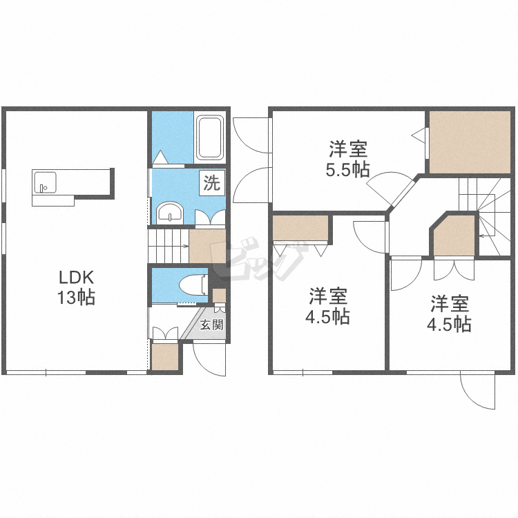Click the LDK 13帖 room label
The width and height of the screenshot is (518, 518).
[x=77, y=287]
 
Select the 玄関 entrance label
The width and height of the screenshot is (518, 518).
[x=211, y=325]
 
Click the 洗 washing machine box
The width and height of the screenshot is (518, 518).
[x=212, y=182]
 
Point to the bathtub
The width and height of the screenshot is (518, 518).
[x=210, y=137]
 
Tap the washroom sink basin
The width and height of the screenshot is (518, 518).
[x=170, y=213]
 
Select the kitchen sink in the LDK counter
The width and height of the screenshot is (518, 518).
[x=45, y=182]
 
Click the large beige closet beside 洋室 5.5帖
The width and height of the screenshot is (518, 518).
[x=470, y=142]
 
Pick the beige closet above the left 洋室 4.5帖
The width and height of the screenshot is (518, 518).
[x=300, y=228]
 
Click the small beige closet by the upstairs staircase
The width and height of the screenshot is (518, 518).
[x=454, y=236]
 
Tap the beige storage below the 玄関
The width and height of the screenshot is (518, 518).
[x=165, y=357]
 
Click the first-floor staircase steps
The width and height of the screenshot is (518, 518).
[x=169, y=246]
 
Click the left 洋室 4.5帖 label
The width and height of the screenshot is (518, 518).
[x=327, y=306]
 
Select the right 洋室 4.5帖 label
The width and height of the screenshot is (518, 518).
[x=450, y=314]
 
